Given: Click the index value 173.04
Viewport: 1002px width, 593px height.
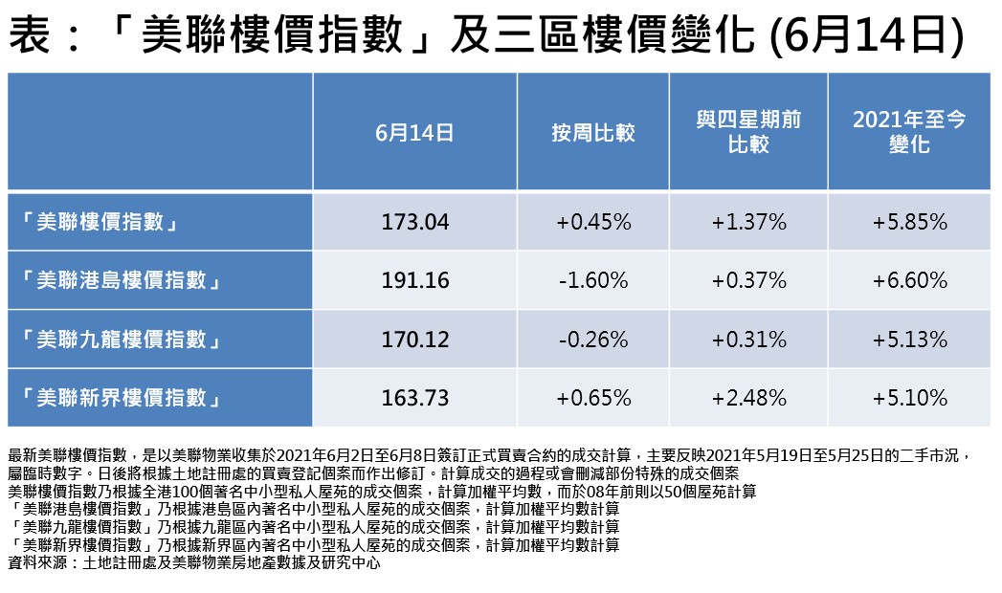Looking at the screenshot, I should click(x=414, y=223).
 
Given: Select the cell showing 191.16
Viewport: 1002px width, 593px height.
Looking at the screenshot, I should click(x=414, y=281).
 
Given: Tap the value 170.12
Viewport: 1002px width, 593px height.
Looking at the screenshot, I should click(x=414, y=340).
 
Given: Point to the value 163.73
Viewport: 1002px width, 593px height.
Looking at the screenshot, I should click(x=414, y=397).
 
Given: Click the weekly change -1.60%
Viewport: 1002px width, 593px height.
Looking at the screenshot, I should click(x=592, y=281).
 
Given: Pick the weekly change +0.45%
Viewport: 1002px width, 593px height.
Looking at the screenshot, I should click(x=592, y=223).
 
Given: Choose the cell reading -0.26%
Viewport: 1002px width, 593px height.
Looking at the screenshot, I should click(x=592, y=340).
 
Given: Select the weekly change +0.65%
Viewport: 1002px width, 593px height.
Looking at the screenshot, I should click(x=592, y=397).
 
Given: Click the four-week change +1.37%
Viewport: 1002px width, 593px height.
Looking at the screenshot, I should click(x=748, y=223).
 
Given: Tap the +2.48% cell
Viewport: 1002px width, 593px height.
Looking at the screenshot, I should click(x=748, y=397).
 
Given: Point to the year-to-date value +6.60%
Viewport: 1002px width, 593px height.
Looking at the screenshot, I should click(x=909, y=281).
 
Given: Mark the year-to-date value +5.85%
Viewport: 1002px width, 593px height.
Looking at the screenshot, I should click(x=909, y=223).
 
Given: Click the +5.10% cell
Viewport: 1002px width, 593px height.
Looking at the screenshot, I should click(x=909, y=397).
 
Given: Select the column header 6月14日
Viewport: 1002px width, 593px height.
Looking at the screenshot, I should click(x=414, y=132).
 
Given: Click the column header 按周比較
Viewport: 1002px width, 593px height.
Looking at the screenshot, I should click(x=592, y=132).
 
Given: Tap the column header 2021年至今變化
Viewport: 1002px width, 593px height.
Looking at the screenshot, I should click(x=909, y=132).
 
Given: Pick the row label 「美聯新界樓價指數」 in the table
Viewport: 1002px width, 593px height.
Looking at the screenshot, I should click(x=122, y=397).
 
